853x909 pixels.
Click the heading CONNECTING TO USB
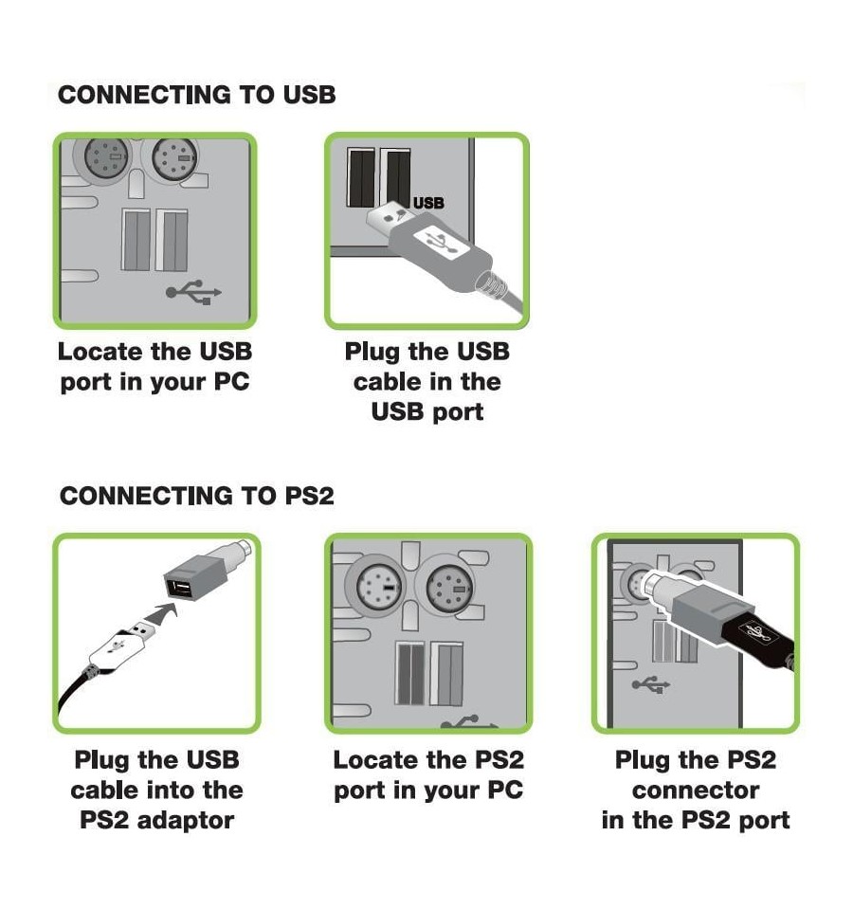(x=197, y=95)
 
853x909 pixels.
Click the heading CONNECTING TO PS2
(x=197, y=497)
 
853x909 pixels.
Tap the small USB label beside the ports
(x=428, y=203)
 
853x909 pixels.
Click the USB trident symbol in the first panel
(x=193, y=292)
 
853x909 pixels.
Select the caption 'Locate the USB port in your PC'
(x=154, y=367)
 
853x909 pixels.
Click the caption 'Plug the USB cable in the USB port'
(x=427, y=382)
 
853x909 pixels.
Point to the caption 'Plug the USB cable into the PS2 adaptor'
(x=156, y=791)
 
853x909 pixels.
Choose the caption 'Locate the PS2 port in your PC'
(x=428, y=775)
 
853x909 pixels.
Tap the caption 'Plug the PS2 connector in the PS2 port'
(x=696, y=791)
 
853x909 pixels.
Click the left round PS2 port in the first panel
(x=107, y=157)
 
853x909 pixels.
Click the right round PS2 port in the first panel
(x=174, y=159)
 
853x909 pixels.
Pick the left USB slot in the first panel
(x=136, y=240)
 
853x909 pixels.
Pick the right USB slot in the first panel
(x=172, y=240)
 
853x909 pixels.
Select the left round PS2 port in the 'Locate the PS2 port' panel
(x=379, y=587)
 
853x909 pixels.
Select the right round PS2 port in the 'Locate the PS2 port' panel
(x=449, y=588)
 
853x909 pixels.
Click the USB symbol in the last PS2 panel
(x=651, y=684)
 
